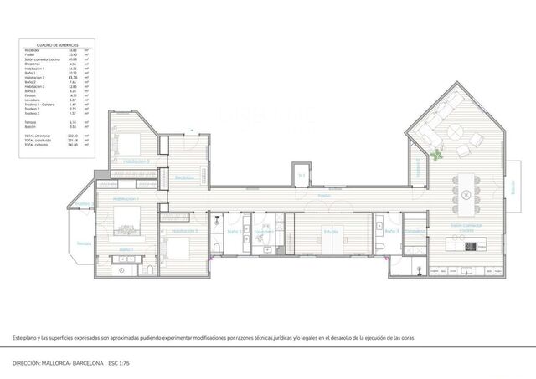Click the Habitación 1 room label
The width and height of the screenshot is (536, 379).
(x=125, y=199)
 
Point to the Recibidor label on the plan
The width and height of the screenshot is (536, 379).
(x=184, y=177)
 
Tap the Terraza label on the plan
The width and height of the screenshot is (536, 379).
(x=84, y=243)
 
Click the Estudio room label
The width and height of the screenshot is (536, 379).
(x=331, y=231)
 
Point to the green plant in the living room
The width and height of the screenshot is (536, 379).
(x=436, y=153)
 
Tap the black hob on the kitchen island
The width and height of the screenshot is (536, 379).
(x=470, y=246)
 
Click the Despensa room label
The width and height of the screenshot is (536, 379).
(x=412, y=231)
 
